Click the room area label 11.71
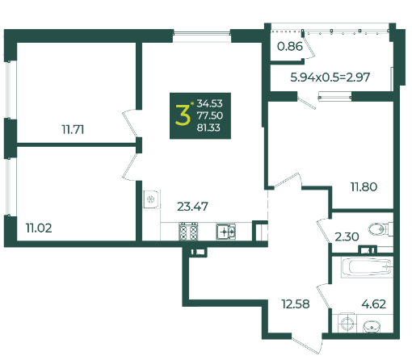point(73,130)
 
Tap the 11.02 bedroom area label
point(39,228)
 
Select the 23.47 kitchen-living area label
point(192,207)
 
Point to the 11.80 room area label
point(364,186)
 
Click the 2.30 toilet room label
point(347,237)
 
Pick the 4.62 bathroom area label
point(374,304)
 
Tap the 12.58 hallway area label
point(296,304)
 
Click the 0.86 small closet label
point(290,47)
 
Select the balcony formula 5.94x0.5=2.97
point(330,77)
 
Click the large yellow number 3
point(183,115)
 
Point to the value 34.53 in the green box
point(210,103)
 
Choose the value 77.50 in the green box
point(210,115)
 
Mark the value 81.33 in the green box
point(208,128)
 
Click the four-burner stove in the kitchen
point(188,232)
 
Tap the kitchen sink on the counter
point(225,232)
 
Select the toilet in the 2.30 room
point(380,229)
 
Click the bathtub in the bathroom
point(367,267)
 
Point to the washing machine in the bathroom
point(347,323)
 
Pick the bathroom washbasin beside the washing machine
point(372,327)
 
